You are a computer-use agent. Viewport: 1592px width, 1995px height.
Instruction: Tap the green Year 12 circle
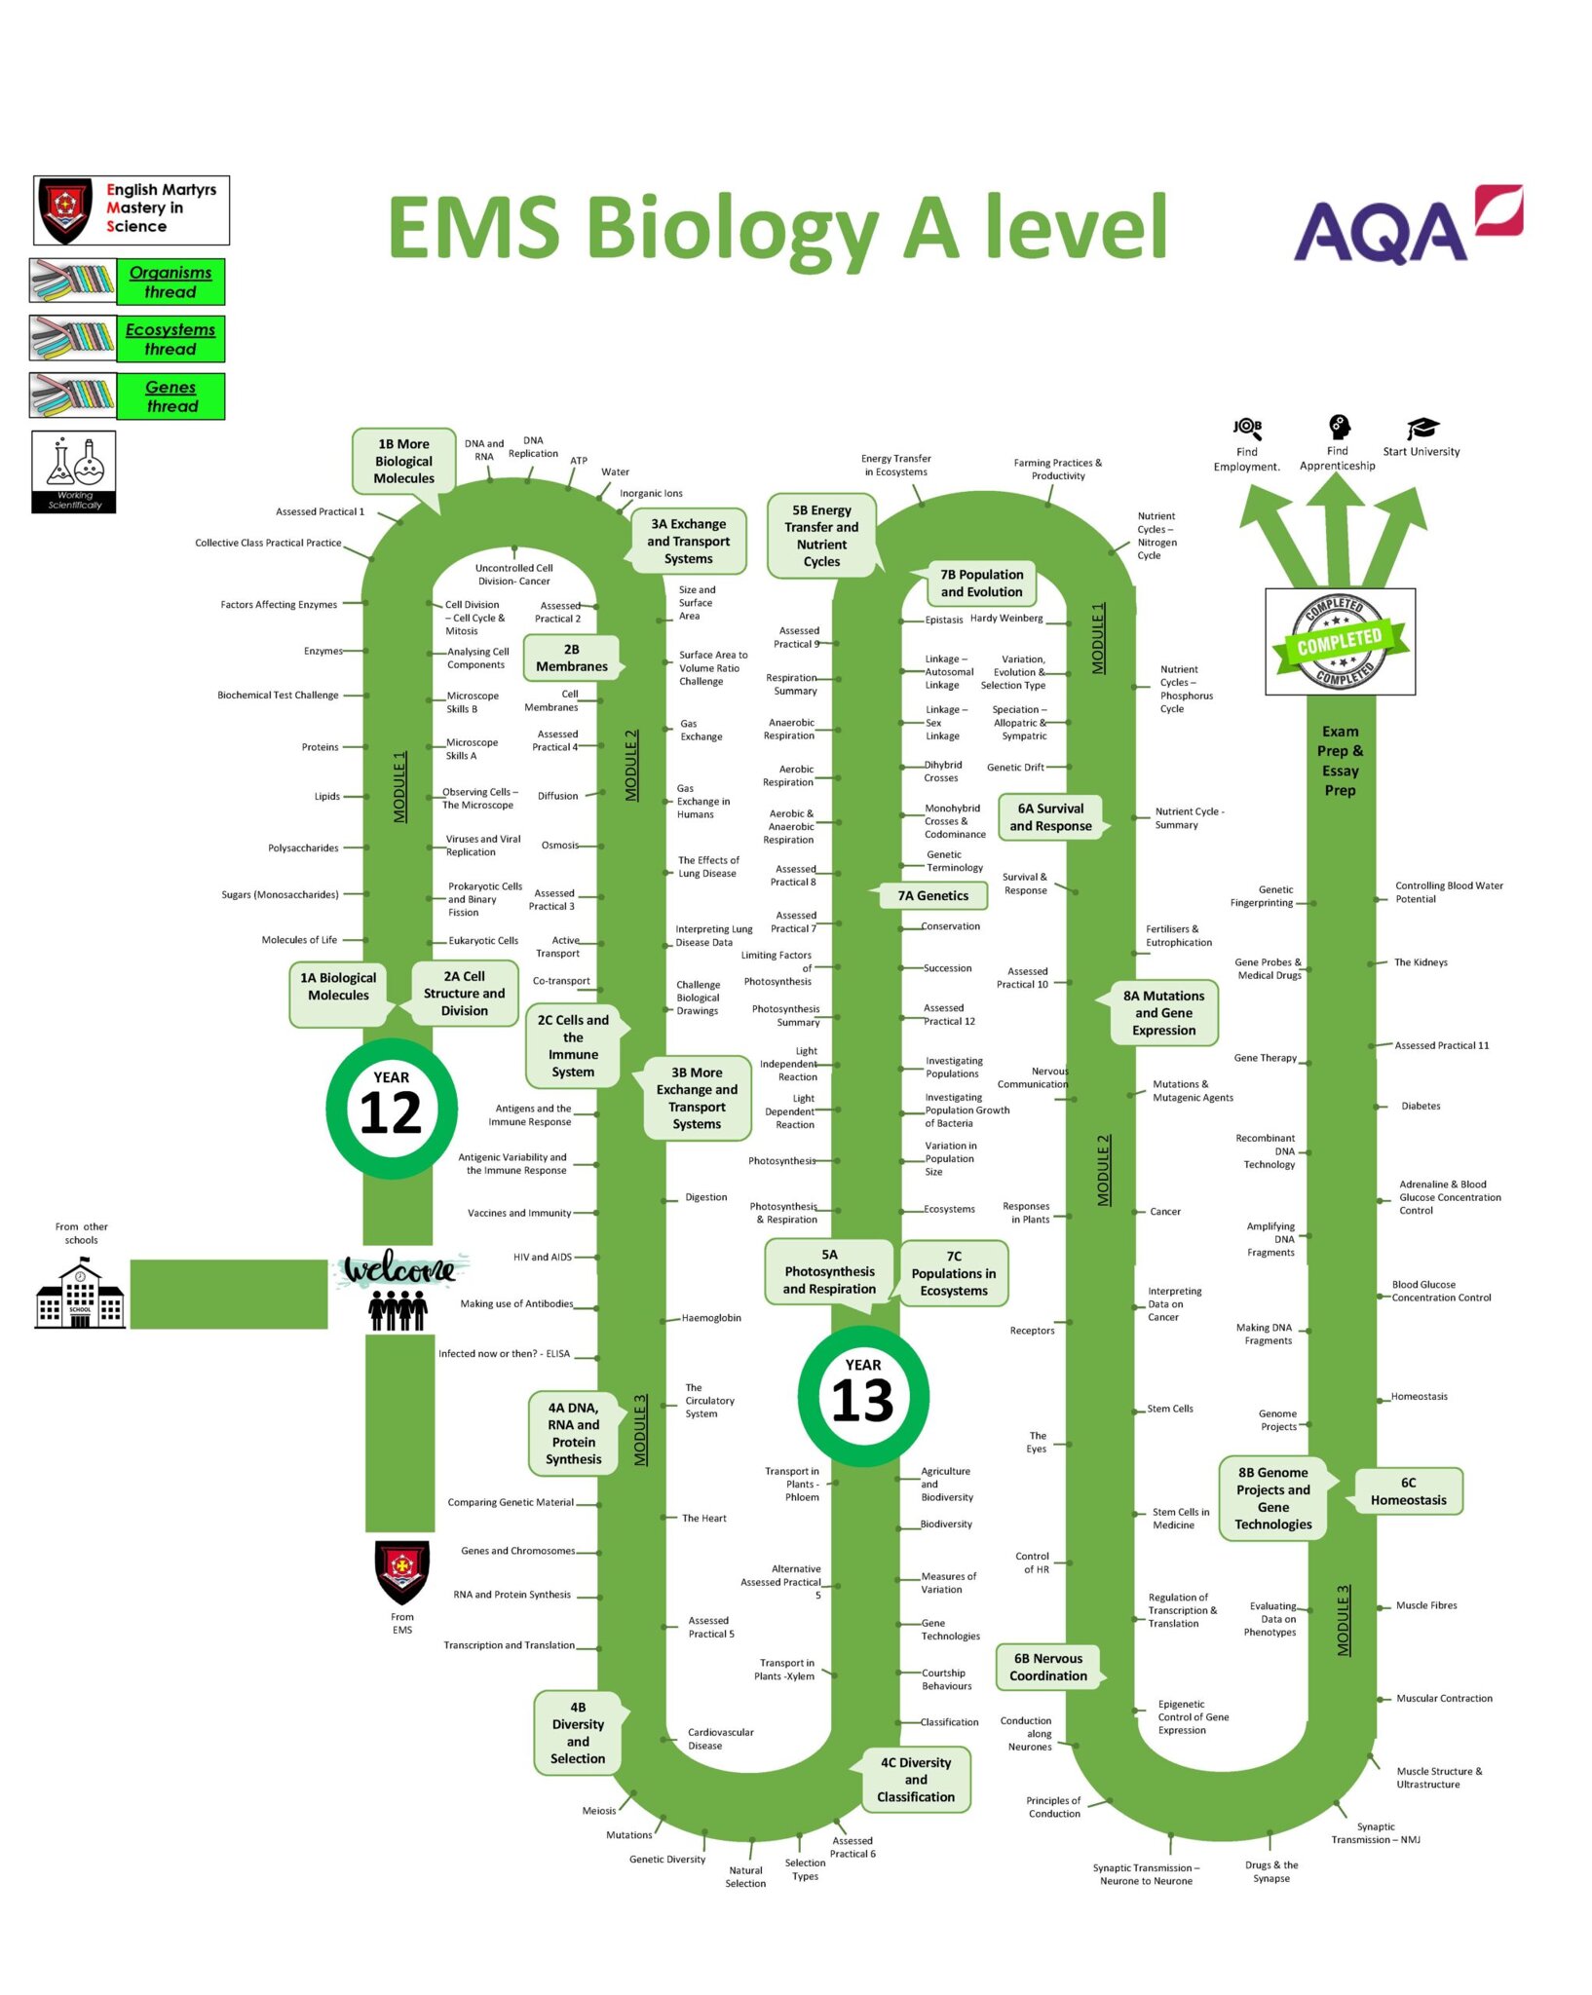tap(392, 1108)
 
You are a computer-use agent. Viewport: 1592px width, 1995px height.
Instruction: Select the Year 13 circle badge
tap(863, 1395)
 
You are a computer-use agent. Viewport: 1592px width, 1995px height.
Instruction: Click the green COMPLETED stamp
tap(1341, 641)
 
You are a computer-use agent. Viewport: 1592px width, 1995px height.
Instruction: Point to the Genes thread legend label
tap(171, 396)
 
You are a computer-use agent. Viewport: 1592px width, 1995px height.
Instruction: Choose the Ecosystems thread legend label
tap(171, 339)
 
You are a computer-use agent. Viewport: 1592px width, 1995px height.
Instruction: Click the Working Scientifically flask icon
tap(74, 471)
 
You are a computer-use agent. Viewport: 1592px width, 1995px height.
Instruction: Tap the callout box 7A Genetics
tap(933, 895)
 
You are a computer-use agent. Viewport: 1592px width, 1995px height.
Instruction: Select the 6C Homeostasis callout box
tap(1409, 1491)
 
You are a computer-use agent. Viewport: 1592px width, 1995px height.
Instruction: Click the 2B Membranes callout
tap(572, 658)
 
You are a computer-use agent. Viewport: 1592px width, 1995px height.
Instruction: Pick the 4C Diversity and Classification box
tap(916, 1780)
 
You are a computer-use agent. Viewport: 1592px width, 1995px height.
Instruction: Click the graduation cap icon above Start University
tap(1421, 428)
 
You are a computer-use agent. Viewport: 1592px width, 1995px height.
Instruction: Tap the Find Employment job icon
tap(1247, 428)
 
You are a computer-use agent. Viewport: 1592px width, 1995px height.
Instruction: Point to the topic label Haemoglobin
tap(711, 1318)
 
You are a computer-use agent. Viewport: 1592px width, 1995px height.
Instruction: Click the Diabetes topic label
tap(1421, 1106)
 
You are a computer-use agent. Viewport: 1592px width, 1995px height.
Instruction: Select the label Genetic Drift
tap(1015, 768)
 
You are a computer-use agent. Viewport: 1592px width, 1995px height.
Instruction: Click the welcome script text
tap(400, 1268)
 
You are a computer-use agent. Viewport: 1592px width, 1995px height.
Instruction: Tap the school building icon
tap(80, 1293)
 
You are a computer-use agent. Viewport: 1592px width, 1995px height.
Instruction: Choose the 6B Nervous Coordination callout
tap(1048, 1667)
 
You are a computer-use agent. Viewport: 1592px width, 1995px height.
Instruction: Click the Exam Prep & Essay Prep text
tap(1341, 761)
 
